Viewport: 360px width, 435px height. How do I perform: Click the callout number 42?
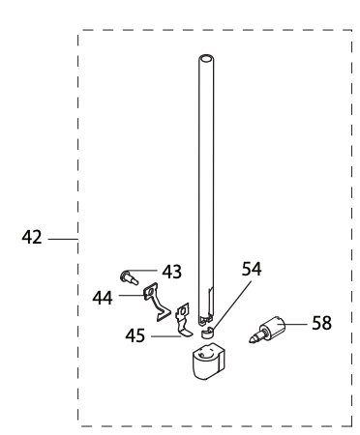(x=32, y=236)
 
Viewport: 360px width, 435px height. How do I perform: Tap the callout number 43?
(x=172, y=272)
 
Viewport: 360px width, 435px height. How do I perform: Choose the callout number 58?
(x=322, y=323)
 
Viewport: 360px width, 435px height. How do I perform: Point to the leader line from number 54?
(x=228, y=300)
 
